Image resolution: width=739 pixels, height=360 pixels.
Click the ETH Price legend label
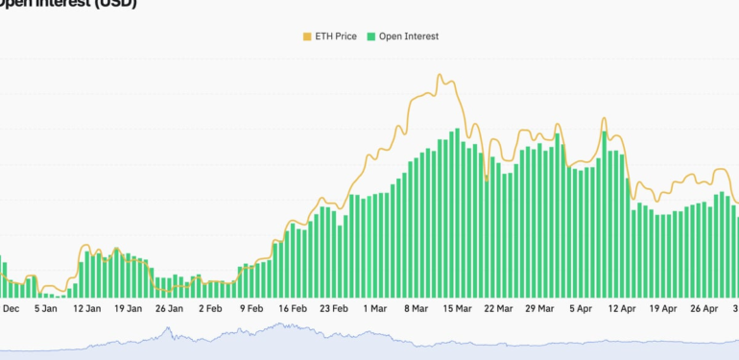tap(336, 36)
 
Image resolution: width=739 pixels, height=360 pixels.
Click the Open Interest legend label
tap(409, 36)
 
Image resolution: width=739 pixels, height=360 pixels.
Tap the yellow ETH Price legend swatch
tap(307, 36)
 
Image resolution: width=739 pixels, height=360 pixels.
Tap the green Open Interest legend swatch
tap(371, 36)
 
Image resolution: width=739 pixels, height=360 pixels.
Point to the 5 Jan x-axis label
tap(45, 309)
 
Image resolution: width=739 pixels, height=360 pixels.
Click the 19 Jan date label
tap(128, 309)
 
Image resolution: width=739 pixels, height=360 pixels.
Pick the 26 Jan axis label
tap(169, 309)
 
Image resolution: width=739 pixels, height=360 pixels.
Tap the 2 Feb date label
tap(210, 309)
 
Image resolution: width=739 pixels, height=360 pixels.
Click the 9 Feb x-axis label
tap(251, 309)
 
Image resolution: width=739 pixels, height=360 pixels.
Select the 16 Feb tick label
tap(293, 309)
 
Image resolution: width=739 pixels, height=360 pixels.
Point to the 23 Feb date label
tap(334, 309)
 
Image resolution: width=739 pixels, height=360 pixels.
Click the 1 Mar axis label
tap(375, 309)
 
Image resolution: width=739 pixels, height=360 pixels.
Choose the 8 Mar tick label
tap(417, 309)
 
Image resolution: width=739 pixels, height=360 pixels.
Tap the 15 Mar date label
tap(458, 309)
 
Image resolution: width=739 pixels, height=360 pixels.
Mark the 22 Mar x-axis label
tap(499, 309)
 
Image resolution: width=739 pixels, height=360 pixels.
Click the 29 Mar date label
tap(540, 309)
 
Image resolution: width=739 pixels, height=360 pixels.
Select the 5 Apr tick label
tap(581, 309)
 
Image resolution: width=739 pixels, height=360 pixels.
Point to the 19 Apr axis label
tap(663, 309)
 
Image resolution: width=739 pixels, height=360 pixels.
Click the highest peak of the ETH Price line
tap(440, 75)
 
